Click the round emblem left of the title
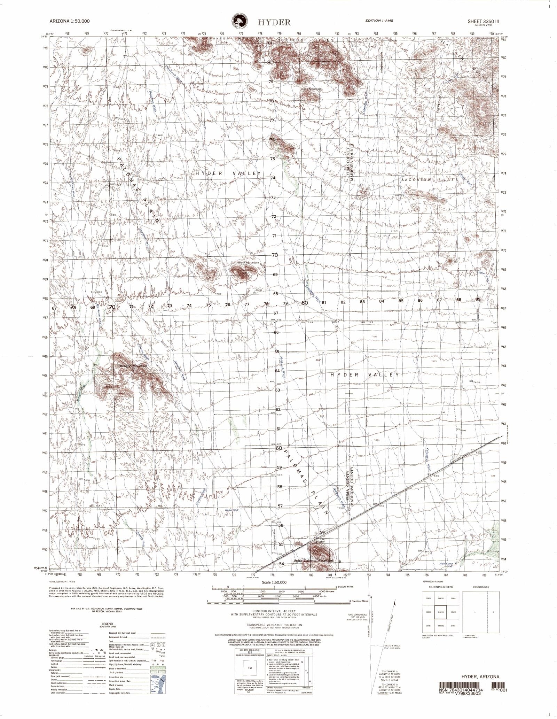tap(240, 22)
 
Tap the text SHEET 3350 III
tap(486, 21)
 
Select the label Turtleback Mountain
tap(245, 262)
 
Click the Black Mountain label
tap(311, 89)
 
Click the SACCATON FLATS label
tap(429, 180)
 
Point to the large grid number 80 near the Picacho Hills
tap(271, 63)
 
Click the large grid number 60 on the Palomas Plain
tap(279, 448)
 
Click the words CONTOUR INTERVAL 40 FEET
tap(274, 611)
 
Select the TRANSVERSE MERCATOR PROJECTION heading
tap(274, 625)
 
